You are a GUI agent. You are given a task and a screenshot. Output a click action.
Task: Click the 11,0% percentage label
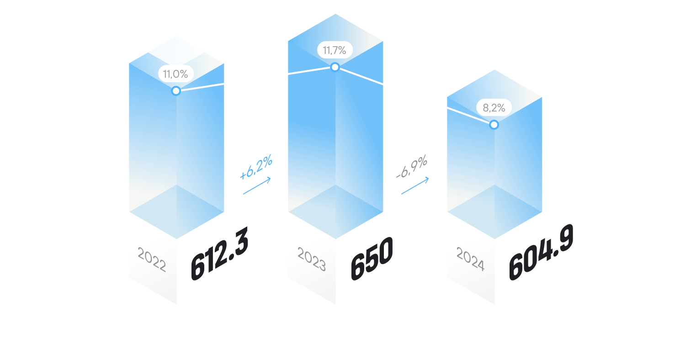pos(176,74)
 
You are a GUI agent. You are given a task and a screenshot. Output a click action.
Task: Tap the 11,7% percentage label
pos(335,50)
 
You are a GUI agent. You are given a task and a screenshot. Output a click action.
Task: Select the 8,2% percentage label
pos(494,108)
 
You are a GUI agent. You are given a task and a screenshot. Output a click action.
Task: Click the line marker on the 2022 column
pos(176,90)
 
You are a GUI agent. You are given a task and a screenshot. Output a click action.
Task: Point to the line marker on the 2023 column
pos(335,67)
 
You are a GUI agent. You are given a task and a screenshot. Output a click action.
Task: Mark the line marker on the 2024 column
pos(494,124)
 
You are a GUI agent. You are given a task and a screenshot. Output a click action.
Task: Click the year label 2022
pos(152,259)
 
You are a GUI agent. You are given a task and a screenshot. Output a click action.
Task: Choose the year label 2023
pos(312,259)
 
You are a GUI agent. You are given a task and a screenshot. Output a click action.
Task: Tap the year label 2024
pos(470,259)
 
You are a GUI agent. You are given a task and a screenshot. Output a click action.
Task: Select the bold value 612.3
pos(219,254)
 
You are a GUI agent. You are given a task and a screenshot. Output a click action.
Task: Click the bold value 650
pos(372,258)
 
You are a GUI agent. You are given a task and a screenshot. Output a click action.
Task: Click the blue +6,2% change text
pos(256,167)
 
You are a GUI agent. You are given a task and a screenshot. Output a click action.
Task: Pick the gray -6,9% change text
pos(412,167)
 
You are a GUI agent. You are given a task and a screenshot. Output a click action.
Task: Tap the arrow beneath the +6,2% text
pos(257,186)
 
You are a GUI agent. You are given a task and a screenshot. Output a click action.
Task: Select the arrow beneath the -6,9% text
pos(415,186)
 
